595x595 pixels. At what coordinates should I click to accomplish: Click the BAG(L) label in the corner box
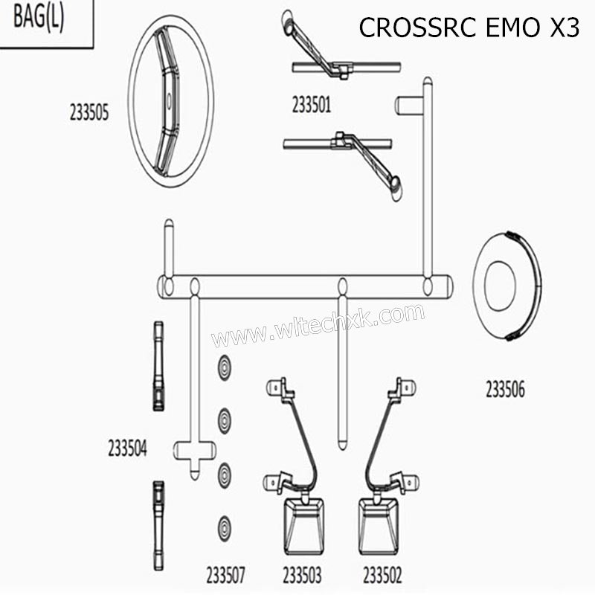tap(39, 19)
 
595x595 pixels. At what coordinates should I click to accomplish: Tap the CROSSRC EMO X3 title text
tap(469, 27)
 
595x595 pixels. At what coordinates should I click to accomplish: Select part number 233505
tap(89, 113)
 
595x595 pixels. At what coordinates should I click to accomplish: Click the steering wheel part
tap(170, 102)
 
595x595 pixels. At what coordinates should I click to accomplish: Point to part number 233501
tap(311, 106)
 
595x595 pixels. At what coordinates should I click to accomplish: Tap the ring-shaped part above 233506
tap(506, 286)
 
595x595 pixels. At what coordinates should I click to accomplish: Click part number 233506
tap(505, 389)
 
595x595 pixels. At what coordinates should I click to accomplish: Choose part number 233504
tap(127, 448)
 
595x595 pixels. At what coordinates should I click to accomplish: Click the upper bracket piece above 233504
tap(158, 366)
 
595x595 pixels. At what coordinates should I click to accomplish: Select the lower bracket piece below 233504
tap(158, 524)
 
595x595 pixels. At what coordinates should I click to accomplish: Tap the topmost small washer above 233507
tap(224, 367)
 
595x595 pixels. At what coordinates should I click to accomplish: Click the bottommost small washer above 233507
tap(224, 528)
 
